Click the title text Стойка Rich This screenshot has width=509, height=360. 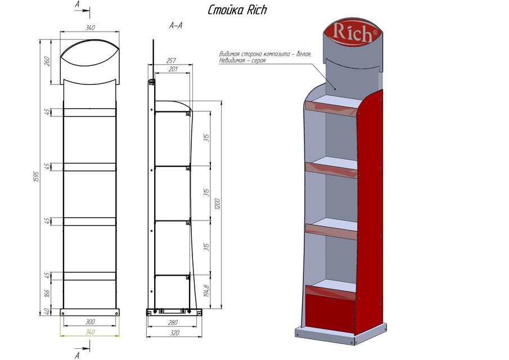pyautogui.click(x=237, y=10)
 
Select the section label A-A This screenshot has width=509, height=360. pyautogui.click(x=175, y=26)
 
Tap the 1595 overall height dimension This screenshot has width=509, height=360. pyautogui.click(x=36, y=178)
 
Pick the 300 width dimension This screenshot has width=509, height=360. pyautogui.click(x=90, y=322)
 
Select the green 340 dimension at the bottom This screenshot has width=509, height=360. pyautogui.click(x=90, y=332)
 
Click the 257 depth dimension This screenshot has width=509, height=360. pyautogui.click(x=172, y=61)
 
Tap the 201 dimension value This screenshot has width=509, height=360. pyautogui.click(x=172, y=69)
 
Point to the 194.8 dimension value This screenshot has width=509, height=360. pyautogui.click(x=207, y=291)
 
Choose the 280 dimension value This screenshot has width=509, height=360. pyautogui.click(x=172, y=322)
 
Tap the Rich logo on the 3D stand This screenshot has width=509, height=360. pyautogui.click(x=353, y=33)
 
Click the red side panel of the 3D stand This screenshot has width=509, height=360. pyautogui.click(x=370, y=214)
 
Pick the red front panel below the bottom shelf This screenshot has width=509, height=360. pyautogui.click(x=331, y=312)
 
